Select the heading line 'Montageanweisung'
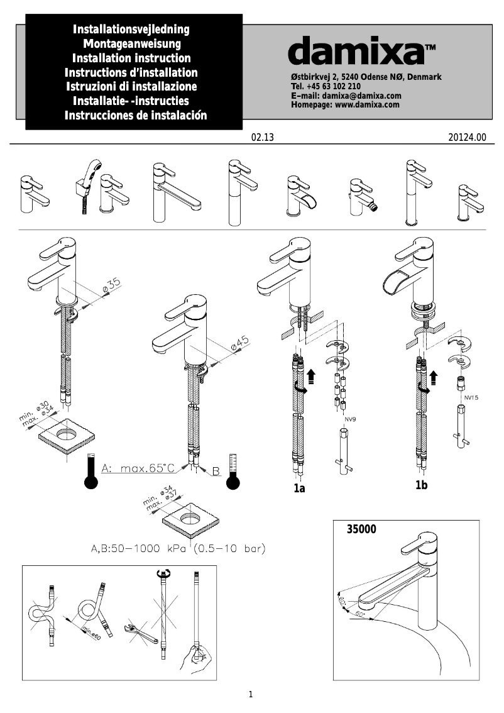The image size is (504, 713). [x=132, y=43]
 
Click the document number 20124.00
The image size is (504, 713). [x=468, y=137]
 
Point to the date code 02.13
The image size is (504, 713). [x=263, y=137]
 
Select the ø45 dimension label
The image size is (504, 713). [x=239, y=343]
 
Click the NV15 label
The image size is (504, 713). [x=471, y=397]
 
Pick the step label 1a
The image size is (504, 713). [x=299, y=488]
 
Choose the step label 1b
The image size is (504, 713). [x=422, y=485]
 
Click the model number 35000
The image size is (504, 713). [x=361, y=529]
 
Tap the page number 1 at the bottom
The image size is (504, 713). [x=251, y=695]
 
